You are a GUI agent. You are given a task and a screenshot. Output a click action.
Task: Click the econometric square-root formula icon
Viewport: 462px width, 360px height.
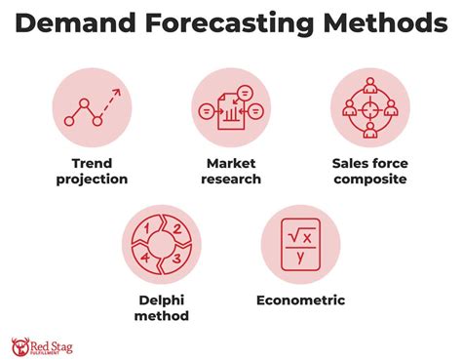300,244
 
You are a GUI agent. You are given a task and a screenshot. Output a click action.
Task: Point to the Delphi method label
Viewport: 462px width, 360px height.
162,307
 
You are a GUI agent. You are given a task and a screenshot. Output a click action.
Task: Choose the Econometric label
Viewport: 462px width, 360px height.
300,300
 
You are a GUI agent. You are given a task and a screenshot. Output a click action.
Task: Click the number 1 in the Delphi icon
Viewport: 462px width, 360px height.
148,230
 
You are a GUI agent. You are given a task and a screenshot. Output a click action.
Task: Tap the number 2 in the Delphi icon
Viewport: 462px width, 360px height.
175,231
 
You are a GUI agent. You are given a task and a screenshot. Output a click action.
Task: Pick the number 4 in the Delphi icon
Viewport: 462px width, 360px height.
148,258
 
